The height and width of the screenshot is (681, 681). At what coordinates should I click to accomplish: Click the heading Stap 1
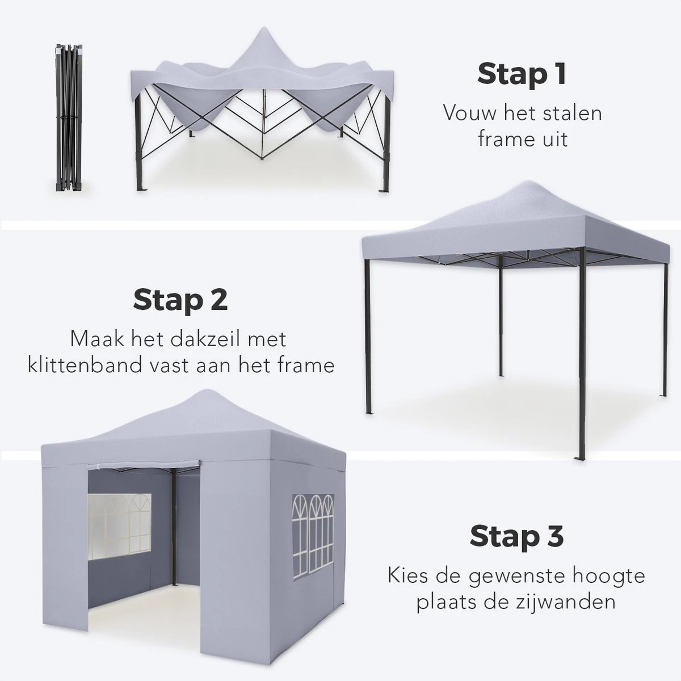(x=522, y=74)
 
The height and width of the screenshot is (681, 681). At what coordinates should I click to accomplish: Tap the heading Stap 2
(x=180, y=300)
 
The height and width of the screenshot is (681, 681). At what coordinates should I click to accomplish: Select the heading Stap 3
(x=517, y=536)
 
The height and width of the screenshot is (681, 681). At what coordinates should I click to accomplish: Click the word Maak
(x=94, y=339)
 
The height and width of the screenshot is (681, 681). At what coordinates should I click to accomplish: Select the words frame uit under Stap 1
(x=522, y=138)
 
